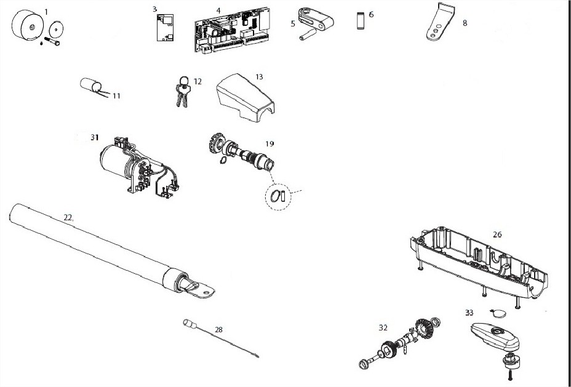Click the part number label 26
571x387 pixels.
pos(497,234)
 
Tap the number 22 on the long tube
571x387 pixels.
pos(68,217)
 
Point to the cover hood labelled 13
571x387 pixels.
pos(245,98)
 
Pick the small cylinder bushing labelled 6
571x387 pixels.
pos(361,21)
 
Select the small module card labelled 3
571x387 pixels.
pos(165,27)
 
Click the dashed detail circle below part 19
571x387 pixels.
pos(278,197)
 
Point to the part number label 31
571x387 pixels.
pos(95,137)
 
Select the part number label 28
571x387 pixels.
pos(218,330)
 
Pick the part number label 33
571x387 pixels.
pos(469,313)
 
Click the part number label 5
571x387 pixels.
pos(293,23)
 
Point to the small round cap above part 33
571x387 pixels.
pos(498,313)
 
